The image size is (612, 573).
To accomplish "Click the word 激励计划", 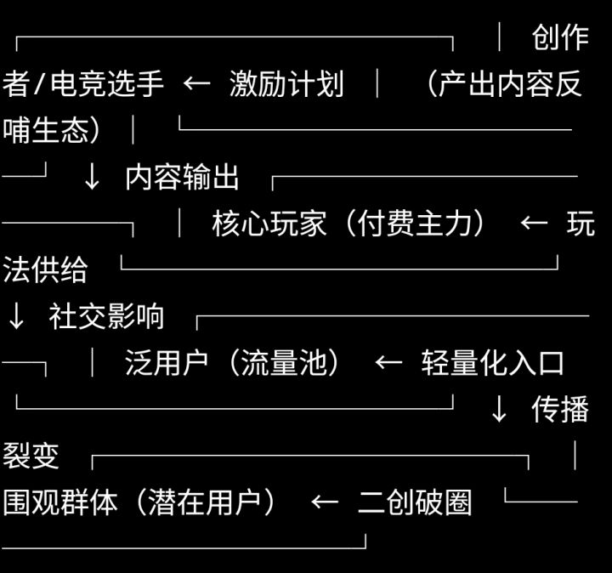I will (286, 84).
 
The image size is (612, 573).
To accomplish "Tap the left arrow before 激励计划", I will (197, 84).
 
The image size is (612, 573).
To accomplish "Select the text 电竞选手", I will (107, 84).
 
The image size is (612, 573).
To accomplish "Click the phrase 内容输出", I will (183, 177).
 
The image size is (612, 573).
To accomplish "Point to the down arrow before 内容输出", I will (92, 177).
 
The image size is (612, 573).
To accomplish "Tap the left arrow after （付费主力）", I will (534, 224).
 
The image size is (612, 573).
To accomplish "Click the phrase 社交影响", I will (107, 316).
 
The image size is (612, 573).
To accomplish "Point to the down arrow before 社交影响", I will (16, 316).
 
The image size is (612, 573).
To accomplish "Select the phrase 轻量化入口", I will (493, 363).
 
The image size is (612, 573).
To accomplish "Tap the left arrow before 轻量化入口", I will (388, 363).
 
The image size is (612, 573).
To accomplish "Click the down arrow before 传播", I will (499, 410).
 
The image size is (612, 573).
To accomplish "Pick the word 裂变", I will (31, 456).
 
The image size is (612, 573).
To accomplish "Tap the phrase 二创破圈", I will (415, 502).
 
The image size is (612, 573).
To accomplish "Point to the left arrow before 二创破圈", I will (325, 502).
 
